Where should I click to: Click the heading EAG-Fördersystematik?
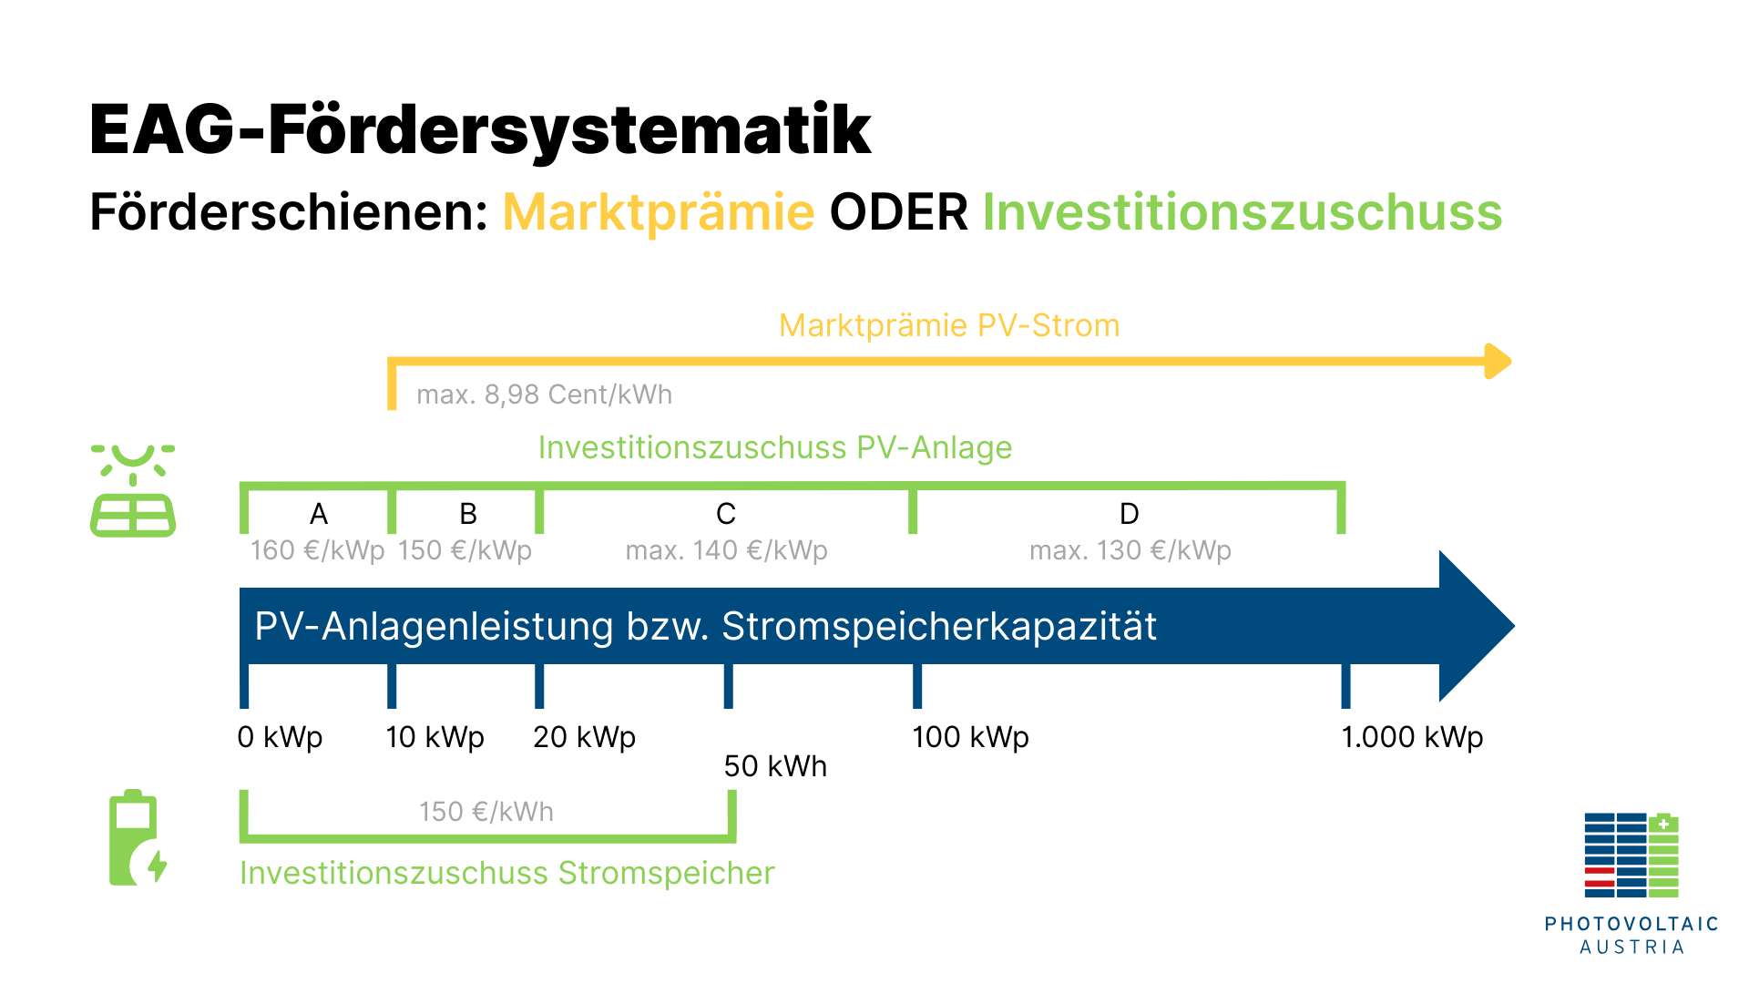coord(480,129)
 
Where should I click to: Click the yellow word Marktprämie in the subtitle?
coord(658,213)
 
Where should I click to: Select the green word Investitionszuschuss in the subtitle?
coord(1243,212)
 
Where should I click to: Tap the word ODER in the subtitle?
coord(898,212)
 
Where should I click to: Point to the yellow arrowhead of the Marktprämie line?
coord(1498,362)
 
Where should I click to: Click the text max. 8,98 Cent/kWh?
coord(545,395)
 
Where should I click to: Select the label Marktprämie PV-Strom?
coord(949,325)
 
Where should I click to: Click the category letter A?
coord(319,514)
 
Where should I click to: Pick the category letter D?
coord(1130,514)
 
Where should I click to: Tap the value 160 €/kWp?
coord(318,550)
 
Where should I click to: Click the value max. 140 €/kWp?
coord(727,550)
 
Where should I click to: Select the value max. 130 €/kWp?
coord(1130,550)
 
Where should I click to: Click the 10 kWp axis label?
coord(435,736)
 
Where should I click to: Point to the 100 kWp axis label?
coord(970,736)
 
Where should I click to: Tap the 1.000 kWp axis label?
coord(1412,736)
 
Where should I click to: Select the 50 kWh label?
coord(775,766)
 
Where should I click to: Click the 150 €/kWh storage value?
coord(486,812)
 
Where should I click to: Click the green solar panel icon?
coord(133,491)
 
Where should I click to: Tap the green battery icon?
coord(138,837)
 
